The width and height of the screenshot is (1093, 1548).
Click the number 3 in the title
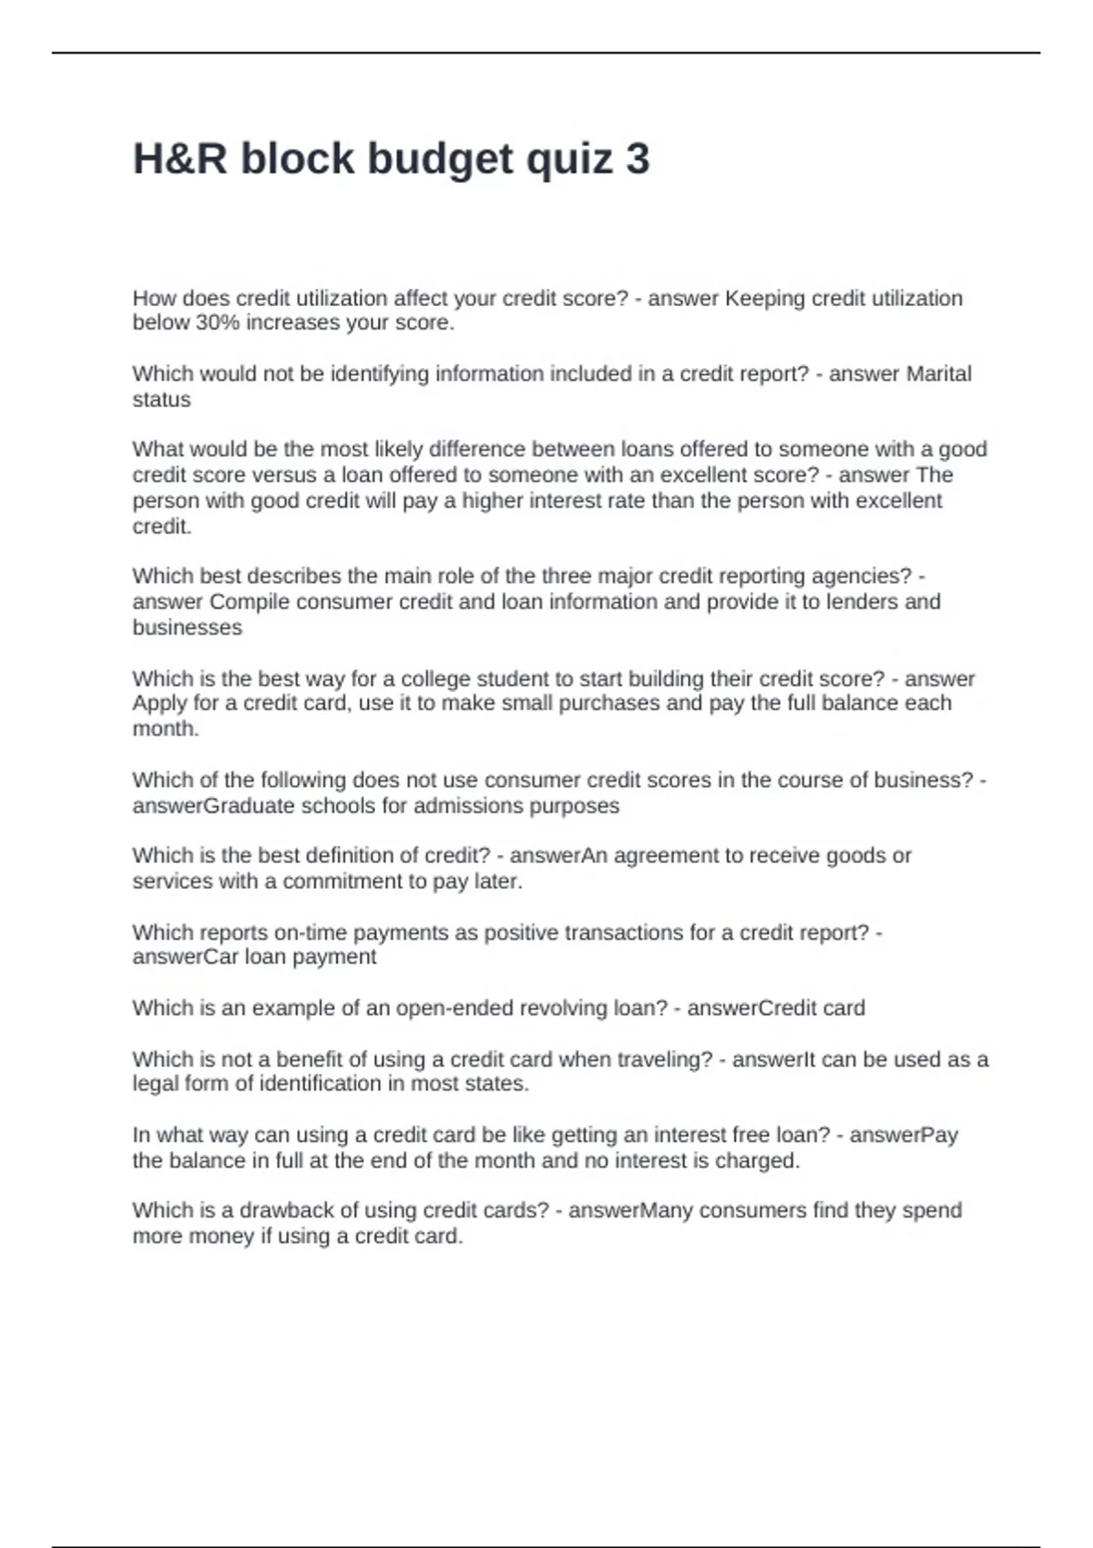[638, 159]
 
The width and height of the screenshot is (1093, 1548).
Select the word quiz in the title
[569, 159]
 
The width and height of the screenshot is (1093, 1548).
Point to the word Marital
[937, 374]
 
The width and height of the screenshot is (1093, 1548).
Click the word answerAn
[558, 856]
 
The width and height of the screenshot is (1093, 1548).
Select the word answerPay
[904, 1136]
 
